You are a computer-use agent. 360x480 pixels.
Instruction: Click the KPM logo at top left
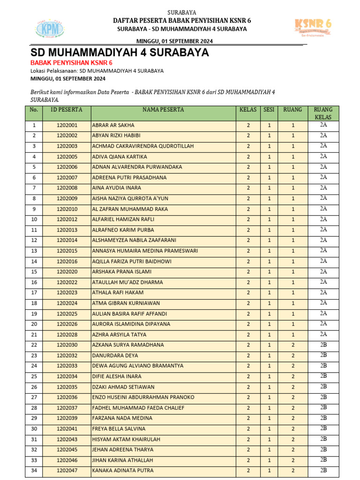tap(50, 30)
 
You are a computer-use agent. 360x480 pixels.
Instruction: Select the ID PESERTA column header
tap(67, 110)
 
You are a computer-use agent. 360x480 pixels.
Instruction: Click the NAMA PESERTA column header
tap(163, 110)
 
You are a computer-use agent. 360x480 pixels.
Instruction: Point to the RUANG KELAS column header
tap(323, 113)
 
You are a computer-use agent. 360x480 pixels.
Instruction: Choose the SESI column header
tap(269, 110)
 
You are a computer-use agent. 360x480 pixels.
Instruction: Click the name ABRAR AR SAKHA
tap(113, 126)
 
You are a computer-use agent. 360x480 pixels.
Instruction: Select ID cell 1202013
tap(67, 230)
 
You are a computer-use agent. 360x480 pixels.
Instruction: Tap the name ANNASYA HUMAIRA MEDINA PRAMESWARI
tap(145, 251)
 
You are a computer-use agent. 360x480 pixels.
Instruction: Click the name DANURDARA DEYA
tap(115, 355)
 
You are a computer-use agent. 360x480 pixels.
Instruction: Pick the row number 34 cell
tap(34, 471)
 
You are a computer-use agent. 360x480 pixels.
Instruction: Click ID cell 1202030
tap(67, 345)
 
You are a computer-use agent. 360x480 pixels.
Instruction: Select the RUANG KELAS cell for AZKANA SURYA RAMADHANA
tap(323, 345)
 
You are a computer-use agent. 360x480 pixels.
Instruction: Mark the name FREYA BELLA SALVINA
tap(119, 429)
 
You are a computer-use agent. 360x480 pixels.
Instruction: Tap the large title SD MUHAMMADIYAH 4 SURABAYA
tap(120, 52)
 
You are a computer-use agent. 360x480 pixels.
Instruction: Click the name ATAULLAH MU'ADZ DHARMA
tap(127, 282)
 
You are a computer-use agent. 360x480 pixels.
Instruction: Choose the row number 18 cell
tap(34, 303)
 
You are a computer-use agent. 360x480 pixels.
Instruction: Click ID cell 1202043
tap(67, 439)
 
